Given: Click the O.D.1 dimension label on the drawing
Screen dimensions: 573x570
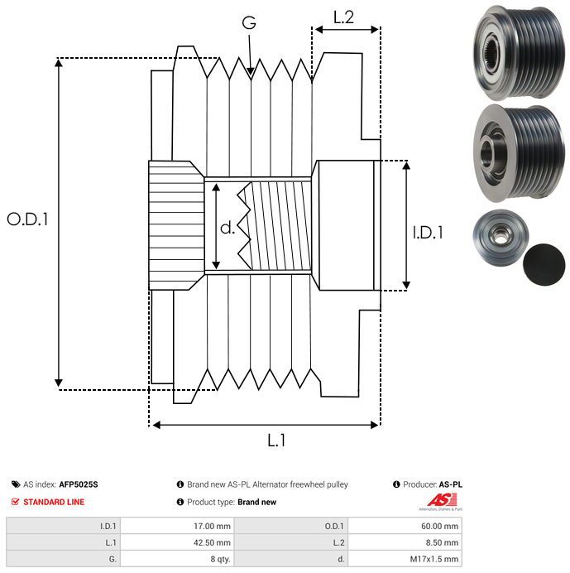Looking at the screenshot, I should (27, 220).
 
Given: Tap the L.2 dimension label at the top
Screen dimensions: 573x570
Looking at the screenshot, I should (343, 17).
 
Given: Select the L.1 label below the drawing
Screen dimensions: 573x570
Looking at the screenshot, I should (276, 441).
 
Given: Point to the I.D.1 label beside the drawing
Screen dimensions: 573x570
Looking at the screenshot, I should (427, 234).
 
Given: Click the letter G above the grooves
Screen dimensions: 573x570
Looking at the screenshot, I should (248, 24).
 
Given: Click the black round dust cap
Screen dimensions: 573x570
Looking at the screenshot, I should (544, 264).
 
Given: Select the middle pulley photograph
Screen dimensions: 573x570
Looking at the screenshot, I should (516, 152).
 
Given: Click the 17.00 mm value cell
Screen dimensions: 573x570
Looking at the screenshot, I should (211, 526).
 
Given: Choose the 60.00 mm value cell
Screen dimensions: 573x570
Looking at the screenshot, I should (437, 526).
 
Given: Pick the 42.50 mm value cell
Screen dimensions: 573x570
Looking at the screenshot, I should (211, 542).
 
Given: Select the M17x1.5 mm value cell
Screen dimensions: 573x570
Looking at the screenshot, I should (431, 559).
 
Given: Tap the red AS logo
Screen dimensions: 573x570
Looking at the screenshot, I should (438, 501).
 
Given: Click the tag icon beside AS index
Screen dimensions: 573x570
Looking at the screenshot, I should (16, 484).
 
